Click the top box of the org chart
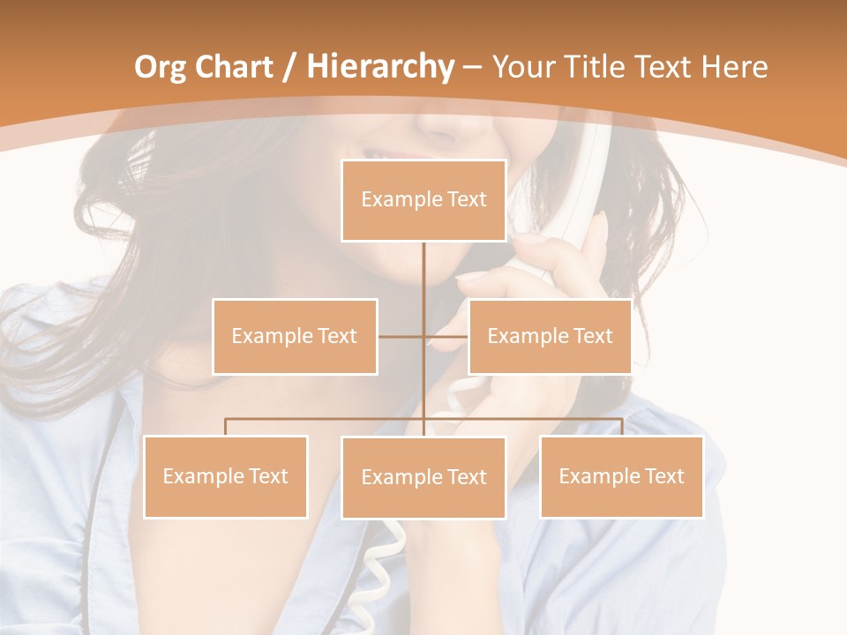(x=423, y=200)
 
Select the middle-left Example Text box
(x=295, y=336)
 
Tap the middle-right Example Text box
(x=550, y=336)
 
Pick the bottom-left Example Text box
(x=226, y=476)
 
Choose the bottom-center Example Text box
(x=423, y=477)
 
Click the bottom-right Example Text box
(x=621, y=476)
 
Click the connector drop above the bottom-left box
(x=226, y=427)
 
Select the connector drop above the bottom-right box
(x=621, y=427)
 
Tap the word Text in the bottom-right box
(x=663, y=476)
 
